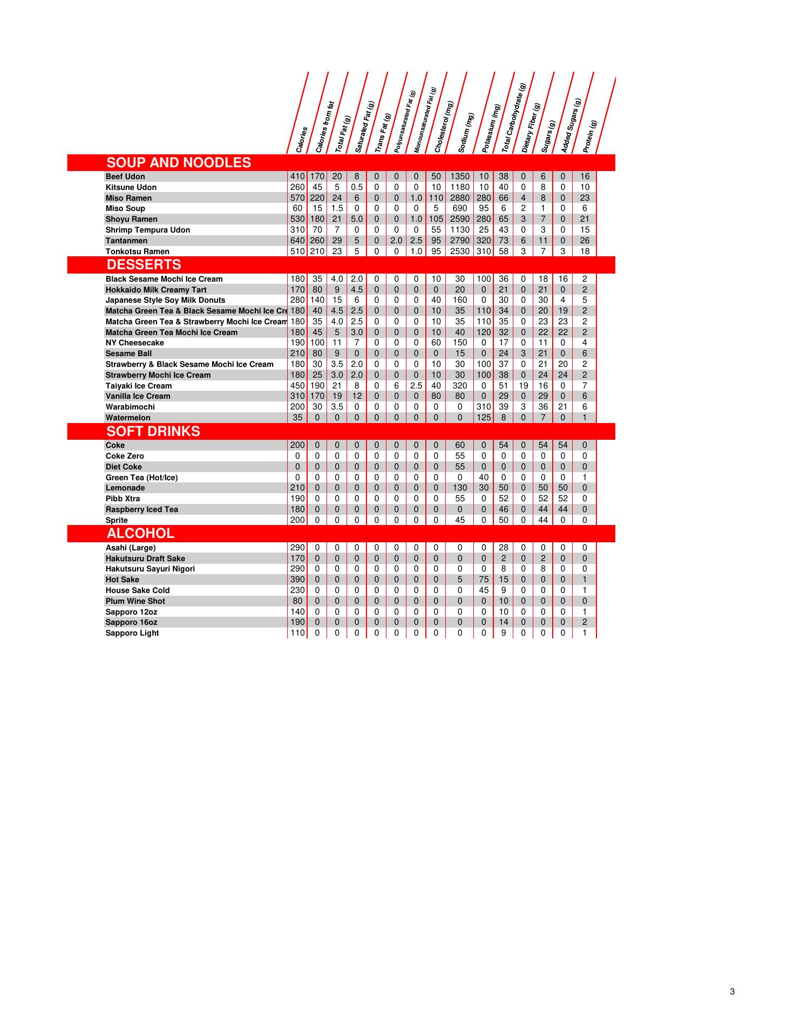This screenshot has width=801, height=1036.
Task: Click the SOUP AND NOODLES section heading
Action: pos(179,162)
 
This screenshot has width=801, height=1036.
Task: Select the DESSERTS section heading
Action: pos(144,264)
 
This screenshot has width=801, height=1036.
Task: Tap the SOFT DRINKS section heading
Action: pos(153,431)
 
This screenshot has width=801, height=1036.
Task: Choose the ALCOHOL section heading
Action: pos(140,533)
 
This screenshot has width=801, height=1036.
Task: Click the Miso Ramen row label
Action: pos(128,198)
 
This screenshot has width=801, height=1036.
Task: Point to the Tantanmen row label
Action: pos(126,241)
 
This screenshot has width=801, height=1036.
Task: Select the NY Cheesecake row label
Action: pos(135,343)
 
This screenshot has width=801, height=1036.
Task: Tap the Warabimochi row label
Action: pos(130,407)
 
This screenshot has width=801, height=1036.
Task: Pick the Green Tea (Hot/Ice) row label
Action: pos(141,478)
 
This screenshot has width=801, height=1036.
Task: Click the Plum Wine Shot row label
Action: pos(135,601)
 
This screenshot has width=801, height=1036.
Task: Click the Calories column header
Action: pos(302,139)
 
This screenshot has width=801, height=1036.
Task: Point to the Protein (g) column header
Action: pos(590,136)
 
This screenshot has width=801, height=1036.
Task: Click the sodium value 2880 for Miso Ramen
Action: pos(460,198)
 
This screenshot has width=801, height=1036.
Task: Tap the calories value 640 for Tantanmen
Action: pos(297,241)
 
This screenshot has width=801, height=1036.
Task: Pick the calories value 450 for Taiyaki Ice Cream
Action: pos(297,386)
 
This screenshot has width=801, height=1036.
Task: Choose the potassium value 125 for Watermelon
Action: pos(484,418)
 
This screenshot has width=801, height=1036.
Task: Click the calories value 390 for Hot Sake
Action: pos(297,580)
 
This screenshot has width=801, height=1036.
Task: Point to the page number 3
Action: pos(732,991)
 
